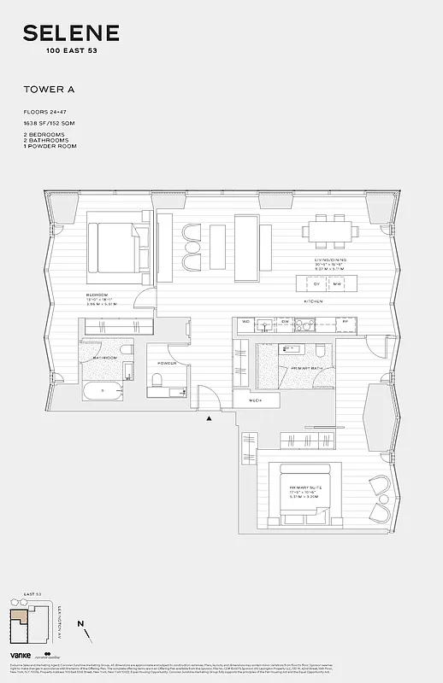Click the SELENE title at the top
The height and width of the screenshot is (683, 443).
pos(71,33)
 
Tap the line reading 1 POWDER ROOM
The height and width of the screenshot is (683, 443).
pos(50,146)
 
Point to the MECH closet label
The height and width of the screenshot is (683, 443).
pos(256,400)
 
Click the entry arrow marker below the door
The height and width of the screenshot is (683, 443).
pos(208,418)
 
